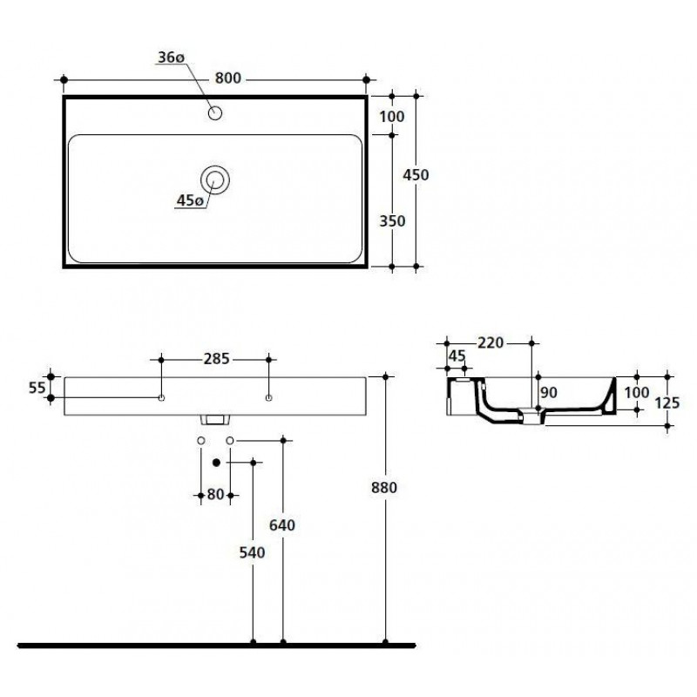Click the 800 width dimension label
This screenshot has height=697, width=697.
[228, 78]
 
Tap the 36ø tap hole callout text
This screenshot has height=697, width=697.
[171, 58]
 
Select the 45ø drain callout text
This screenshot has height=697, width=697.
[190, 201]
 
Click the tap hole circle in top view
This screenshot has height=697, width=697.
[215, 113]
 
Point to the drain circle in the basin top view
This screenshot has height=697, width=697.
[215, 180]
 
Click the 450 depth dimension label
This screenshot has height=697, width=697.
[416, 175]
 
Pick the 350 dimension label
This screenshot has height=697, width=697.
[392, 221]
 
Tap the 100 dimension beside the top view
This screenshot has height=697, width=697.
[391, 117]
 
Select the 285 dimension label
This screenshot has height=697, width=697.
[216, 359]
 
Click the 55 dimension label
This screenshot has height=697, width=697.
[37, 388]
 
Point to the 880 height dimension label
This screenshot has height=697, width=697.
[383, 488]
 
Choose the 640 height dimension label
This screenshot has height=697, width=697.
[281, 525]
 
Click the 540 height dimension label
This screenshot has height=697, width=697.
[252, 552]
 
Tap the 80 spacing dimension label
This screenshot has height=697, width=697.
[215, 494]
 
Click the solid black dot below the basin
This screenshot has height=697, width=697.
[216, 463]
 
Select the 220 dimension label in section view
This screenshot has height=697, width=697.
[491, 342]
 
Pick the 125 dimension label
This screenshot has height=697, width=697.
[667, 403]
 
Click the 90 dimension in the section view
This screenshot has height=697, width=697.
[549, 393]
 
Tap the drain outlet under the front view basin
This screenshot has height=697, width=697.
[215, 420]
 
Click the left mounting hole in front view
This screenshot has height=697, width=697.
[161, 398]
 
